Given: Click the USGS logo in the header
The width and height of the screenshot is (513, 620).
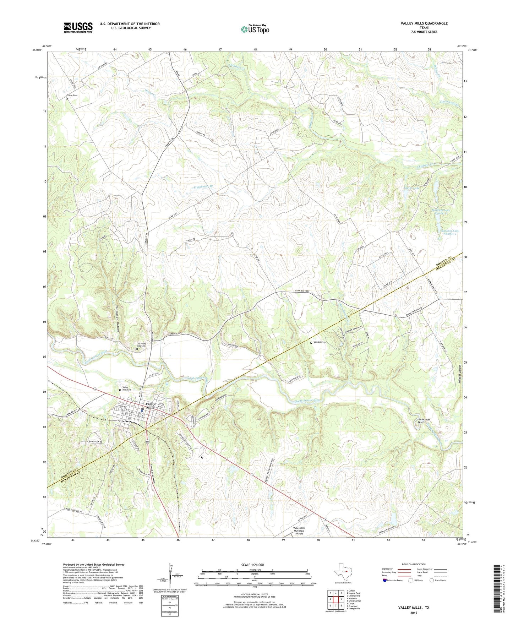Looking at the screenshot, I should pyautogui.click(x=78, y=27).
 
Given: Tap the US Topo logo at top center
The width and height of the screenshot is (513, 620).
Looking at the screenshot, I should pyautogui.click(x=255, y=29).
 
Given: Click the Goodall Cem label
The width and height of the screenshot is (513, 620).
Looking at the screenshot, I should pyautogui.click(x=319, y=342).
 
